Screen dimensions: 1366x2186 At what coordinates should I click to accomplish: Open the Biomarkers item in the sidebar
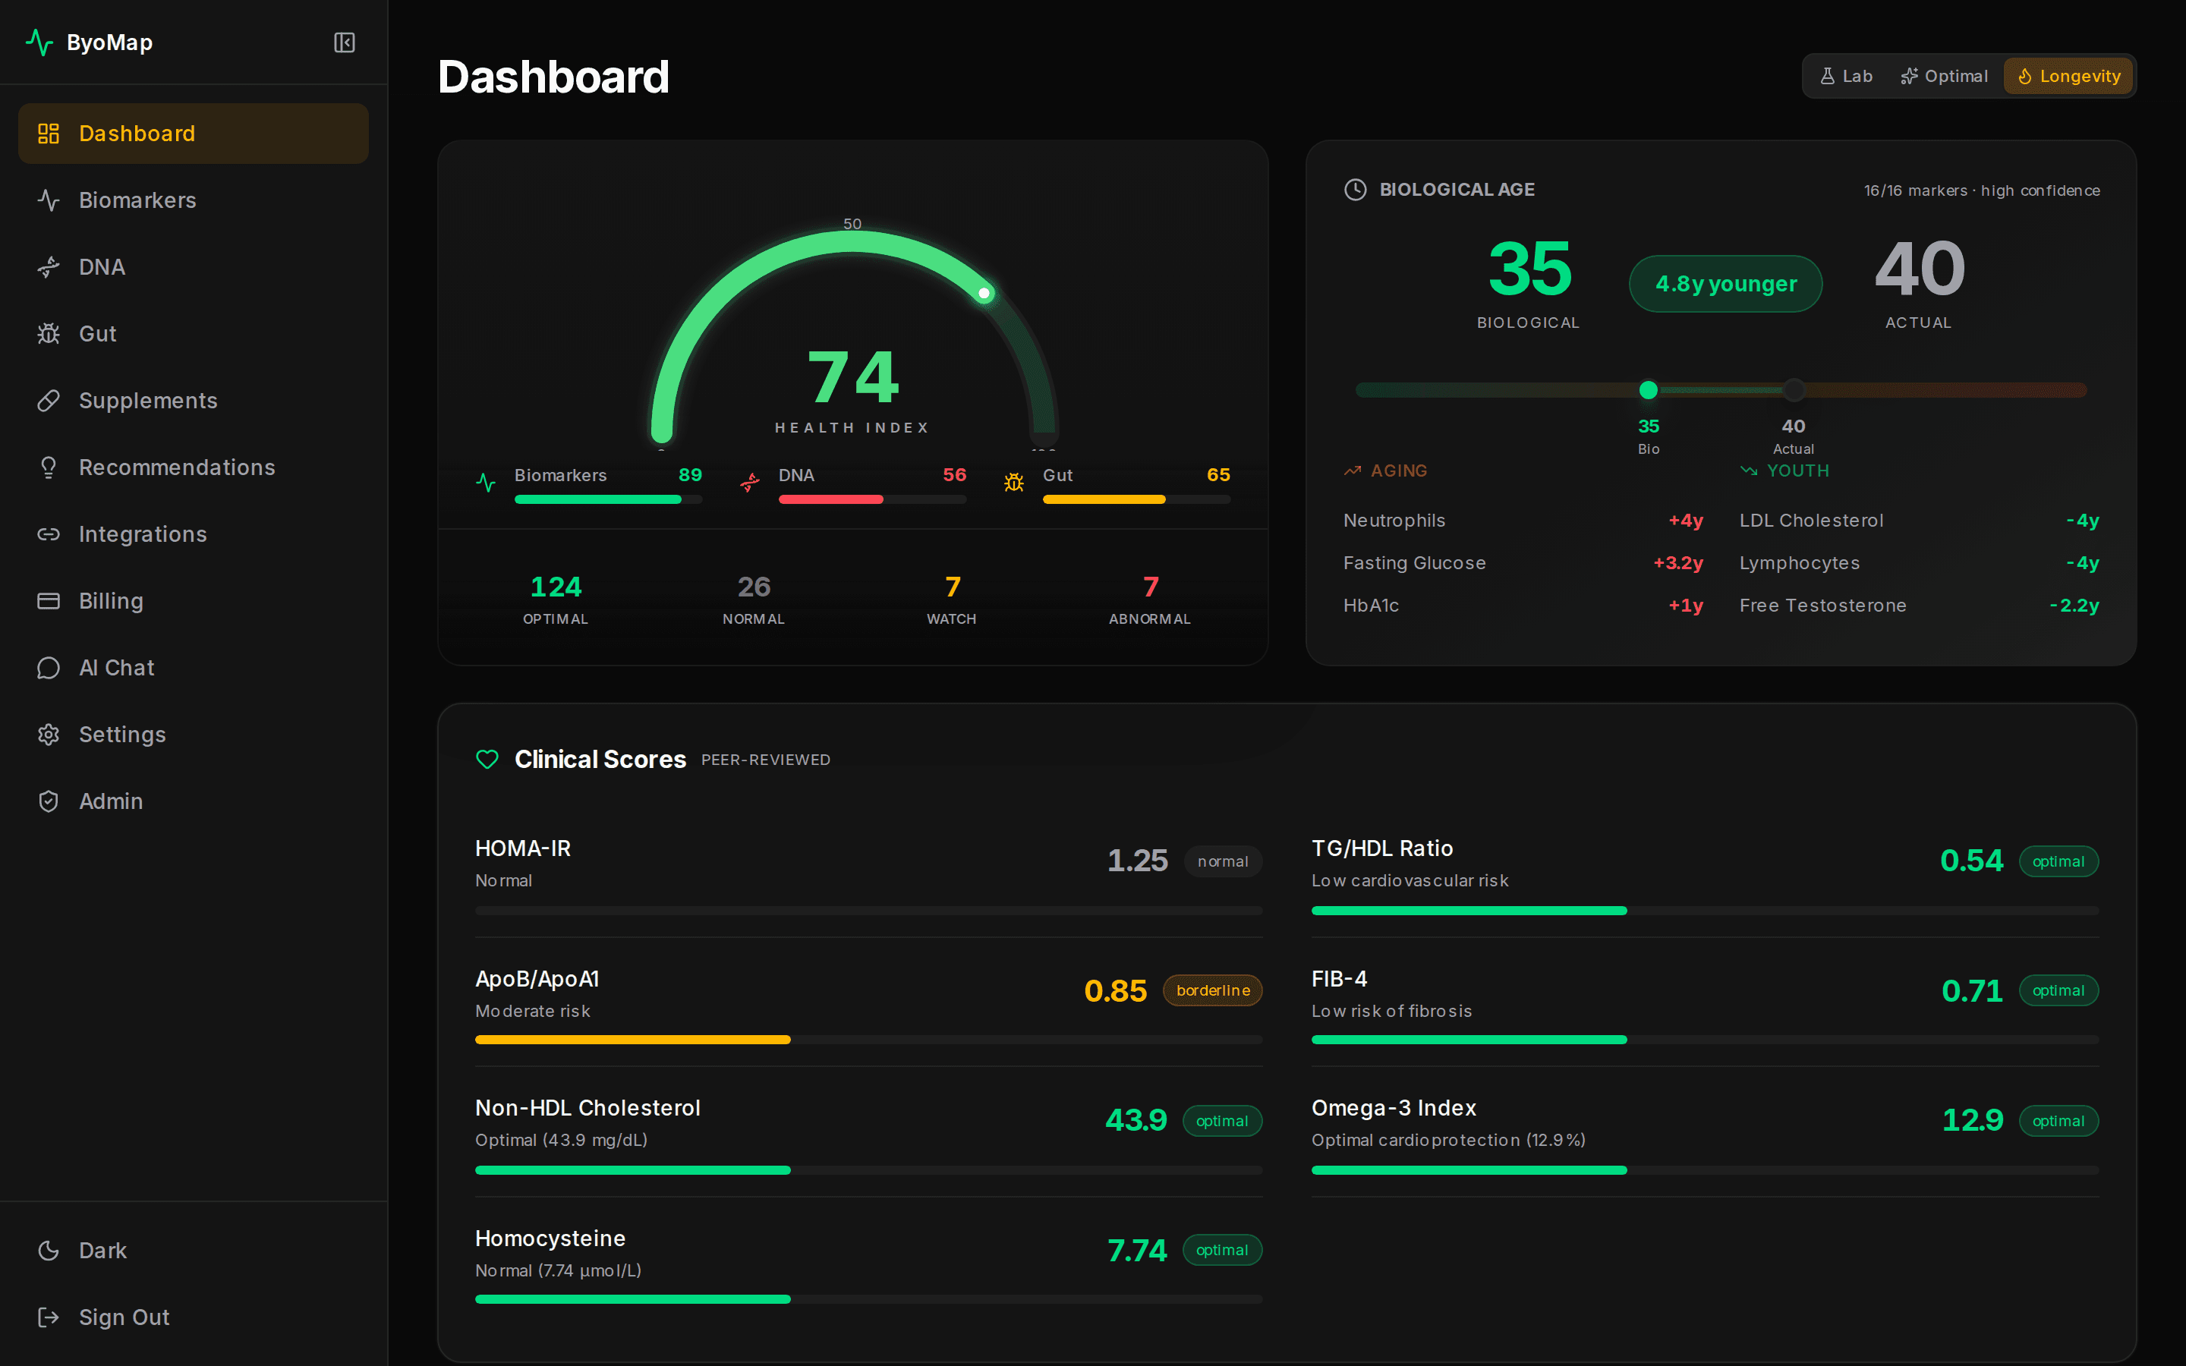click(137, 200)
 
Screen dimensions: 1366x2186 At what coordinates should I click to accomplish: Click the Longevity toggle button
click(2068, 76)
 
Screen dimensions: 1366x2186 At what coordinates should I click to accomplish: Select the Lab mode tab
click(1847, 76)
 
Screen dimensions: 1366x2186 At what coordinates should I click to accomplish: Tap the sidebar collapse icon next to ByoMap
click(344, 42)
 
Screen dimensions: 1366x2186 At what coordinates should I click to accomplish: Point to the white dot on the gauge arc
click(984, 293)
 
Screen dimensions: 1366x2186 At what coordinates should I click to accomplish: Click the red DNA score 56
click(954, 475)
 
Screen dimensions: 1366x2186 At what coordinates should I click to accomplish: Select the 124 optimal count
click(556, 587)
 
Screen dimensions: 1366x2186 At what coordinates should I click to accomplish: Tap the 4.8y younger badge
click(1725, 284)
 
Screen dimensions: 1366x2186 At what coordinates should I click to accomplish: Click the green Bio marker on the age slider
click(1649, 390)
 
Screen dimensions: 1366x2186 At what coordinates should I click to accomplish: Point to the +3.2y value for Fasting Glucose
click(1677, 563)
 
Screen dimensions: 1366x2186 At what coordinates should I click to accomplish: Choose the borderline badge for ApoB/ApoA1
click(1212, 990)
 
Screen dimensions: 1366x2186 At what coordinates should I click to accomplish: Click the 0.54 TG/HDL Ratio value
click(1971, 860)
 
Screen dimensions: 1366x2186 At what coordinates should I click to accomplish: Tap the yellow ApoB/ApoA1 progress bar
click(632, 1040)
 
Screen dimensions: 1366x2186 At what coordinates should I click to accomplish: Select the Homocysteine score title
click(550, 1238)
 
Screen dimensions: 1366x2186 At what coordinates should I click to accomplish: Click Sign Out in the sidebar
click(124, 1317)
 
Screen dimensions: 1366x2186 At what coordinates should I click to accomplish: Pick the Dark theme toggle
click(102, 1251)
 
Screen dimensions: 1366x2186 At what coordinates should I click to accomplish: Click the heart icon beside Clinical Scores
click(487, 760)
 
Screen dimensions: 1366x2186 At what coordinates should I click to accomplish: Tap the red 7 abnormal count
click(1150, 587)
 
